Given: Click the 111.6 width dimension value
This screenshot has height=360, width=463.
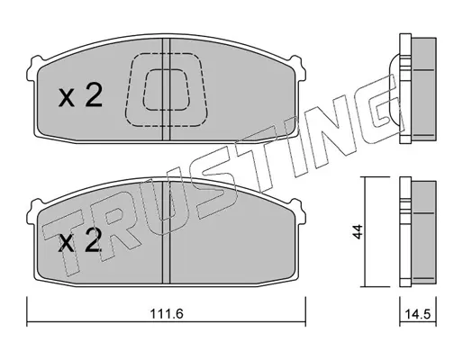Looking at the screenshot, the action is tap(167, 314).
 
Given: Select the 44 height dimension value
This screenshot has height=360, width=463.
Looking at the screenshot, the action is tap(358, 231).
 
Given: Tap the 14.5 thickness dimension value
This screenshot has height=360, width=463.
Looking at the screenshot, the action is tap(418, 314).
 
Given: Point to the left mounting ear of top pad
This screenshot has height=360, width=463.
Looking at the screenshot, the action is tap(32, 68).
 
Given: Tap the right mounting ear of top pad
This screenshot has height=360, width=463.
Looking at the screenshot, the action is tap(299, 68).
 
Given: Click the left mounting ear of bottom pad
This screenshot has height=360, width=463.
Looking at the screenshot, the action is tap(32, 211).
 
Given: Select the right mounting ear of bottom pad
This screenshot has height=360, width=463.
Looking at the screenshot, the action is tap(299, 211).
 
